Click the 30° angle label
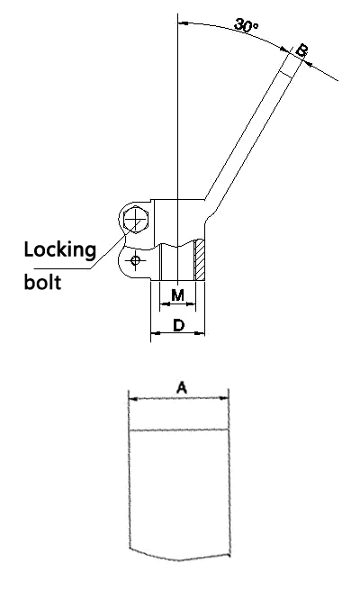point(246,25)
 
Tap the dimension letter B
point(301,50)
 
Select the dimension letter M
point(177,295)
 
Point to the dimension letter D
point(179,325)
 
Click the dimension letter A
point(182,387)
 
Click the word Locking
point(60,250)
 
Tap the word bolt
point(42,281)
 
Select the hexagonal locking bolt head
point(136,219)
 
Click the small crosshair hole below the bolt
point(135,260)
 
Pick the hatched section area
point(200,260)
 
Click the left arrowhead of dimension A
point(132,399)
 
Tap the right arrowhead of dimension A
point(225,398)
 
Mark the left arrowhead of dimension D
point(155,333)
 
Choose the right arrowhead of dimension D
point(201,332)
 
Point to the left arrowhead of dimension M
point(164,304)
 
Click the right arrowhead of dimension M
point(192,304)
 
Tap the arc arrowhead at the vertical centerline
point(183,23)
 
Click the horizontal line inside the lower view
point(179,430)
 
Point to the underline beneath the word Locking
point(62,269)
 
